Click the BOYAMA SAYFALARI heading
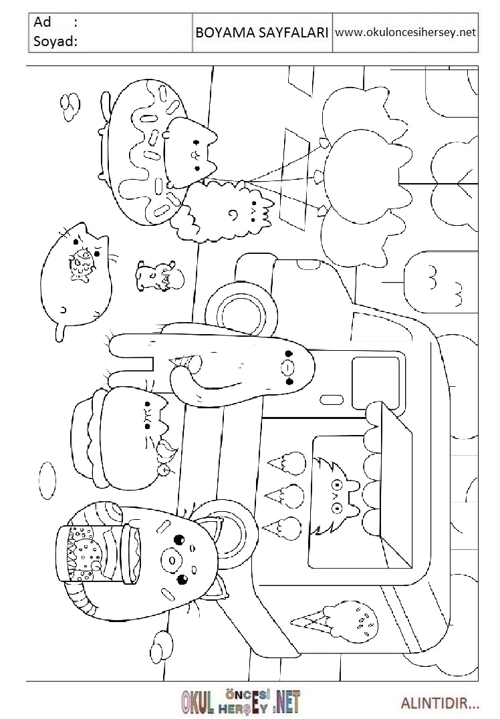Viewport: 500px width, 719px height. coord(261,33)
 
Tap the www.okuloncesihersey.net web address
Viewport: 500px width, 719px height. coord(405,32)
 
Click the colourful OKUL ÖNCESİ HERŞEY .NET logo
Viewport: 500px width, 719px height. coord(241,702)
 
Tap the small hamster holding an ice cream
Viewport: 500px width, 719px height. coord(158,276)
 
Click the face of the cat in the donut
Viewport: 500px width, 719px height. coord(191,151)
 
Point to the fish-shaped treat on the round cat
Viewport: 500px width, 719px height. coord(83,265)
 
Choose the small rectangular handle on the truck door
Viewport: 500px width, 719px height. coord(332,400)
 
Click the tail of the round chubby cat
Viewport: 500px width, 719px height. coord(59,330)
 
